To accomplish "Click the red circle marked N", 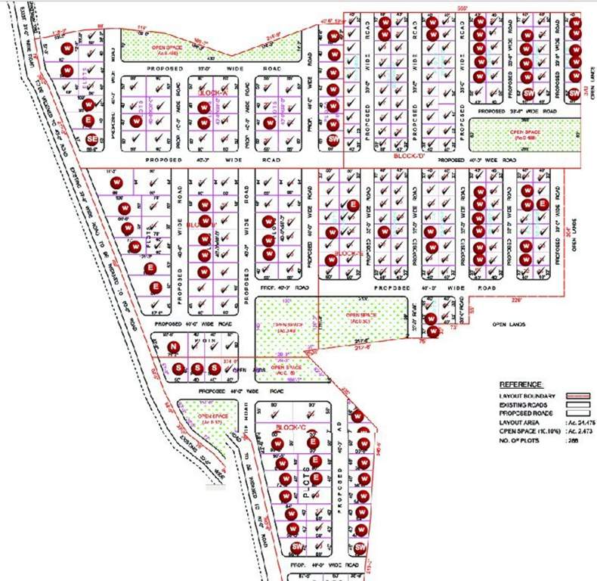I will [173, 347].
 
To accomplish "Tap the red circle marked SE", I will [91, 139].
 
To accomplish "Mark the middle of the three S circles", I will [195, 368].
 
